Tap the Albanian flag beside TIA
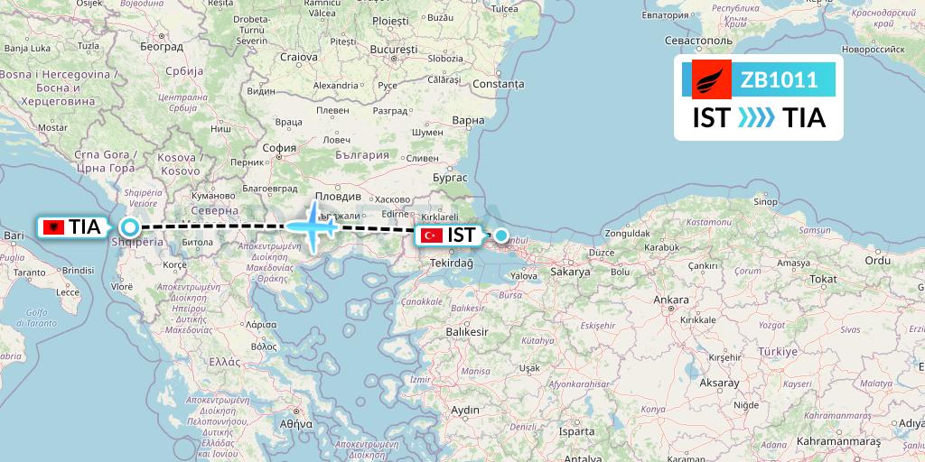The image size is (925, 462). pos(53,227)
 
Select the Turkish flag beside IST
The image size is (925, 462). pos(432,236)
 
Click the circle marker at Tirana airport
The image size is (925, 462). pos(130,227)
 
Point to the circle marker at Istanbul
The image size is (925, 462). pos(501,236)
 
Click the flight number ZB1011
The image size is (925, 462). pos(780,80)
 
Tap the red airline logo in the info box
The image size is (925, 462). pos(711,79)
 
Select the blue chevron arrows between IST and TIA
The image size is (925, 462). pos(756,118)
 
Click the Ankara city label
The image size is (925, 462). pos(670,299)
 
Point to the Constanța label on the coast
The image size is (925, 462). pos(497,84)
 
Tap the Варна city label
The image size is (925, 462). pos(468,120)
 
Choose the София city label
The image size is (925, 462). pos(278,148)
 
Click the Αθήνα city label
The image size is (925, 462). pos(295,422)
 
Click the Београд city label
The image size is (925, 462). pos(163,46)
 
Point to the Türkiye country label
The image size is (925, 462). pos(779,350)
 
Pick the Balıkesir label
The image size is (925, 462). pos(467,331)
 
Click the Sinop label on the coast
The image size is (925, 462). pos(766,201)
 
